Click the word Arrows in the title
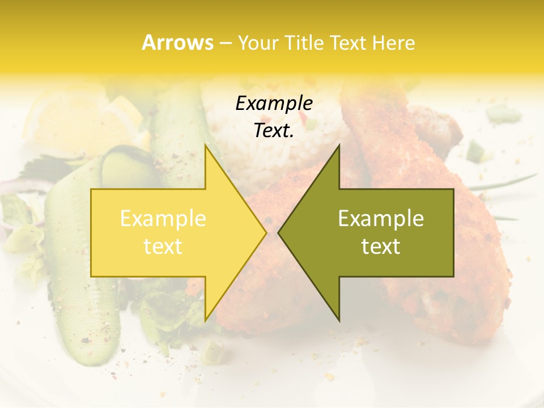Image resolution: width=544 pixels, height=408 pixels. [177, 42]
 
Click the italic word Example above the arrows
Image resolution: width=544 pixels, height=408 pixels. [274, 103]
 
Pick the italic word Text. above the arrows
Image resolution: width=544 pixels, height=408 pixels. [274, 130]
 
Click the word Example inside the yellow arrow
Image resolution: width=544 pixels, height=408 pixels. [163, 218]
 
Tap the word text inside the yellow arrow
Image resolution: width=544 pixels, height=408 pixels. [163, 246]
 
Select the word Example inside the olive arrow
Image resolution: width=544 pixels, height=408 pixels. [381, 218]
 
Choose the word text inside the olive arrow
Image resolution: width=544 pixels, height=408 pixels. [381, 246]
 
